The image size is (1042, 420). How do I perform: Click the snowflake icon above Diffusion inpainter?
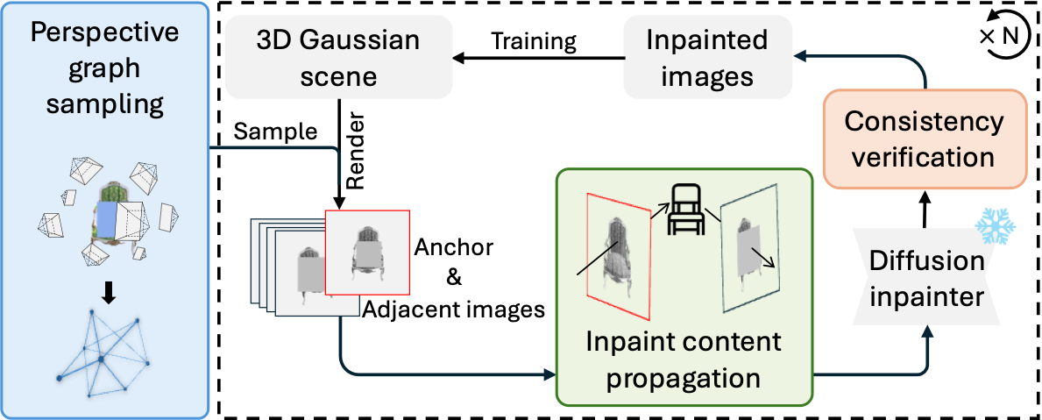coord(996,226)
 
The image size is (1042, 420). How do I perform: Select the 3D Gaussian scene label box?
coord(338,58)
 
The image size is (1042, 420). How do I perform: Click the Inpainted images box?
coord(707,58)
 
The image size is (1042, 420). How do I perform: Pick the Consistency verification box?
coord(924,139)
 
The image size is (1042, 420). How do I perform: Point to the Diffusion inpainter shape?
coord(926,279)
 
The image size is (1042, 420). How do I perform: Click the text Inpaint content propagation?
coord(684,359)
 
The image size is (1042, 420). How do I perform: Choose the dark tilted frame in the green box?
coord(750,245)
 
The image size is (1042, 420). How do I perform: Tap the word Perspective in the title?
coord(104,34)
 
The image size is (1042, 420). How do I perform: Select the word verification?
coord(924,158)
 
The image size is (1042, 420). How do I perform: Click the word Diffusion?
coord(927,262)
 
